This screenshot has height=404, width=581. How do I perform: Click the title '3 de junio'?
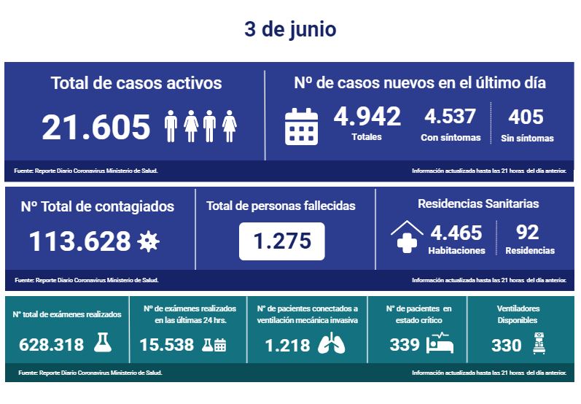290,30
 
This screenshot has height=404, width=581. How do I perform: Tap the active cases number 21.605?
96,127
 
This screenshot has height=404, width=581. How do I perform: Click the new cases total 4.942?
367,116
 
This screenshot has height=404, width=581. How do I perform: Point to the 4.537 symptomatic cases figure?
450,116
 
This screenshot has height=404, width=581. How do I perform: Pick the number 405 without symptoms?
526,116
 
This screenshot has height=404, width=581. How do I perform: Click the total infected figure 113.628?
80,241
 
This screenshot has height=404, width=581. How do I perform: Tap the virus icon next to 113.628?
148,241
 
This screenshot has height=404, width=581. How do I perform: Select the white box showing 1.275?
281,240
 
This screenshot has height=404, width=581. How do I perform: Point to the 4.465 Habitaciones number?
456,233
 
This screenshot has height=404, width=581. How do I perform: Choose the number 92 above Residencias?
527,232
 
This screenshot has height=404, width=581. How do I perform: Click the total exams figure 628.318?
51,345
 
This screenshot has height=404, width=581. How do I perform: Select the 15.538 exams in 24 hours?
167,345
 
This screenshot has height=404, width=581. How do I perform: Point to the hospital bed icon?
440,343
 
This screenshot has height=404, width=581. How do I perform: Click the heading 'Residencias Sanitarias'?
478,204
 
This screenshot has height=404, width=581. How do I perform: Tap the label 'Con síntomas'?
451,138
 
